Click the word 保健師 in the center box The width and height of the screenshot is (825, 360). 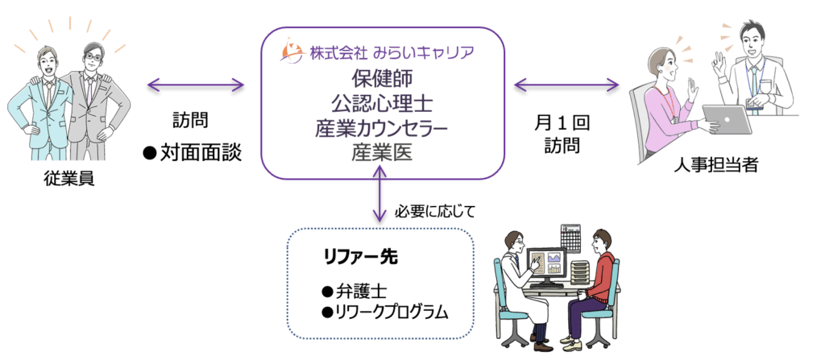[x=381, y=80]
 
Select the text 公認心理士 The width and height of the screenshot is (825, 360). [x=381, y=103]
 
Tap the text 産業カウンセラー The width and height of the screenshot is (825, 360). [x=381, y=127]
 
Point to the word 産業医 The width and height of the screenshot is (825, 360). [x=381, y=151]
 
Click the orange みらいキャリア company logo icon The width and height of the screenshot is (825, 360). [x=292, y=53]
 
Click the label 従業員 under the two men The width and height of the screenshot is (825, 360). [x=70, y=178]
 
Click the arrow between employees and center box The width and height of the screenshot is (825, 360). [x=195, y=84]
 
